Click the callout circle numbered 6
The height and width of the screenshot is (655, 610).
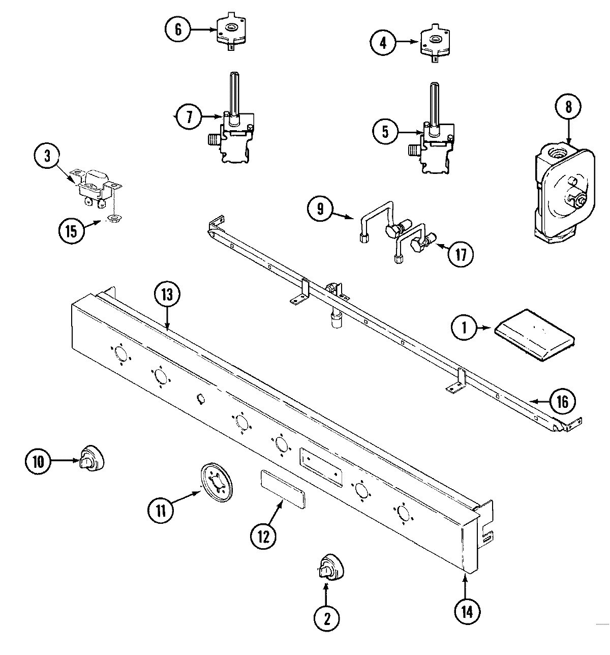click(x=178, y=29)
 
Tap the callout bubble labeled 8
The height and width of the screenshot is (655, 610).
click(x=568, y=106)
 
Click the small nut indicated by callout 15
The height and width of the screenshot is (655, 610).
click(x=113, y=219)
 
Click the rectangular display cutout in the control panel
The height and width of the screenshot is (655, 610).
click(x=321, y=464)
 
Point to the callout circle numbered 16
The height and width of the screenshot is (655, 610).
click(x=562, y=401)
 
